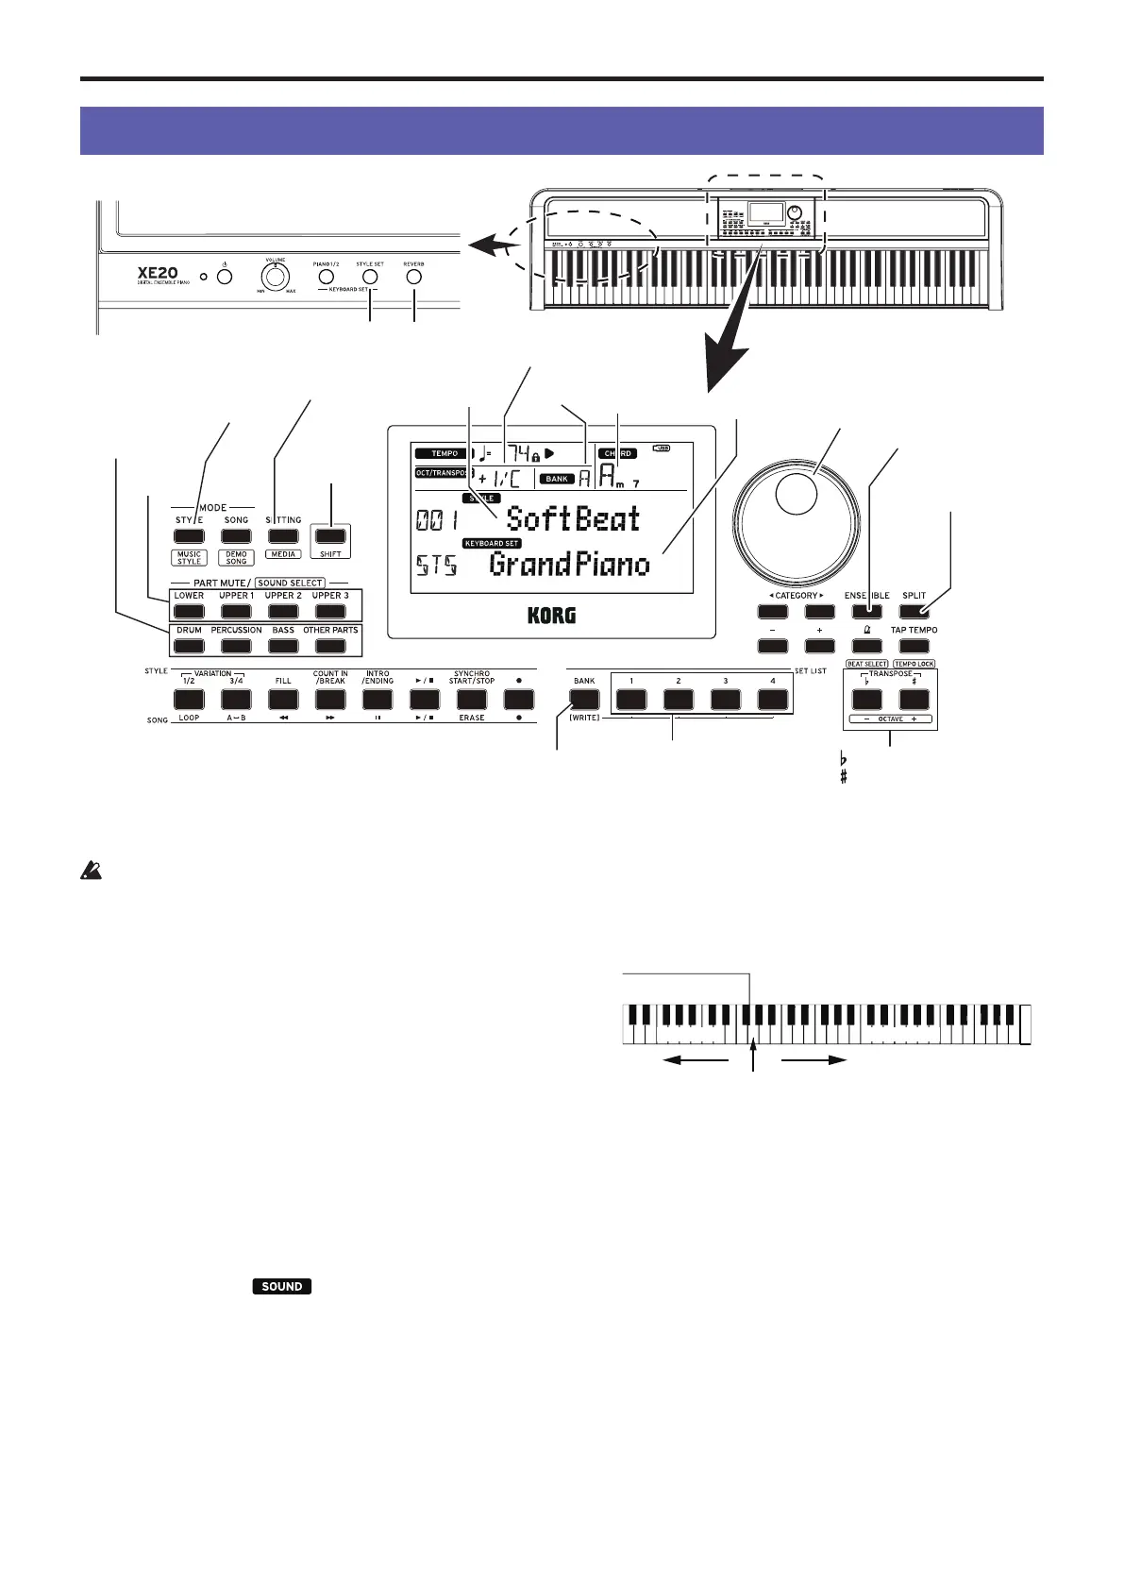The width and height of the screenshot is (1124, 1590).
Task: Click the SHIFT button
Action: (330, 535)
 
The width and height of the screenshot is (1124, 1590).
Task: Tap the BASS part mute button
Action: (283, 646)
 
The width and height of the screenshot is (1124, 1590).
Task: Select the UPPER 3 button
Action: (330, 612)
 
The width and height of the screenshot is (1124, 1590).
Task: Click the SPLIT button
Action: (914, 612)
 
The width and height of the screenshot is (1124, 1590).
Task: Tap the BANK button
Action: (584, 699)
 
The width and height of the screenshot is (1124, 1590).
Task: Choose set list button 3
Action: (726, 699)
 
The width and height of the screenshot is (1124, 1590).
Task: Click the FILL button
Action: (283, 699)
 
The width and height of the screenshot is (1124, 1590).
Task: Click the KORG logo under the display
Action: (552, 616)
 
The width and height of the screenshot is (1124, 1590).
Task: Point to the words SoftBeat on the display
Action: (573, 518)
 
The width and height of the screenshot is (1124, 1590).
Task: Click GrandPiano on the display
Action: (570, 565)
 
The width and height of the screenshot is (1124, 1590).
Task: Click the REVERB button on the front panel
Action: (413, 277)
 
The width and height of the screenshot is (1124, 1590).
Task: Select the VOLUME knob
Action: (275, 278)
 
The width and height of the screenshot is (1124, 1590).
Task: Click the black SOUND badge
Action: (282, 1286)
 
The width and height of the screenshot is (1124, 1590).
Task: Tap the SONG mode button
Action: (236, 535)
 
